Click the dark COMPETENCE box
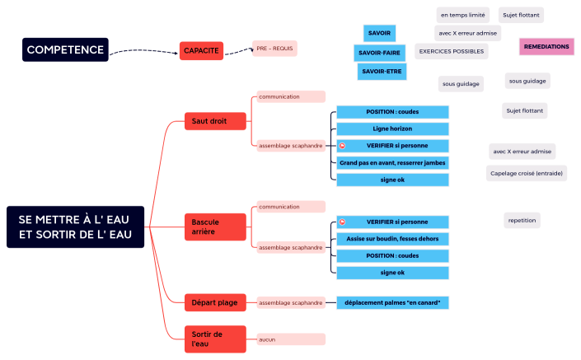click(66, 50)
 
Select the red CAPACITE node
click(201, 51)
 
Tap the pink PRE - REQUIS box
click(274, 49)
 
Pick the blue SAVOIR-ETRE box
click(382, 72)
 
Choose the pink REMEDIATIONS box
click(546, 47)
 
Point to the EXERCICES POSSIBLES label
click(450, 51)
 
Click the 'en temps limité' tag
click(463, 15)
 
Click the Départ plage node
click(215, 302)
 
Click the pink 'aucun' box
click(290, 339)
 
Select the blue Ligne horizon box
click(392, 129)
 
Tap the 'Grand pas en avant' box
click(392, 163)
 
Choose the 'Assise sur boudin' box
click(392, 239)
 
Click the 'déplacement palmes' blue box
click(392, 303)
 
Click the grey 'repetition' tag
click(522, 220)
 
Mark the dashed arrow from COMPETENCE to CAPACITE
click(144, 53)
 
